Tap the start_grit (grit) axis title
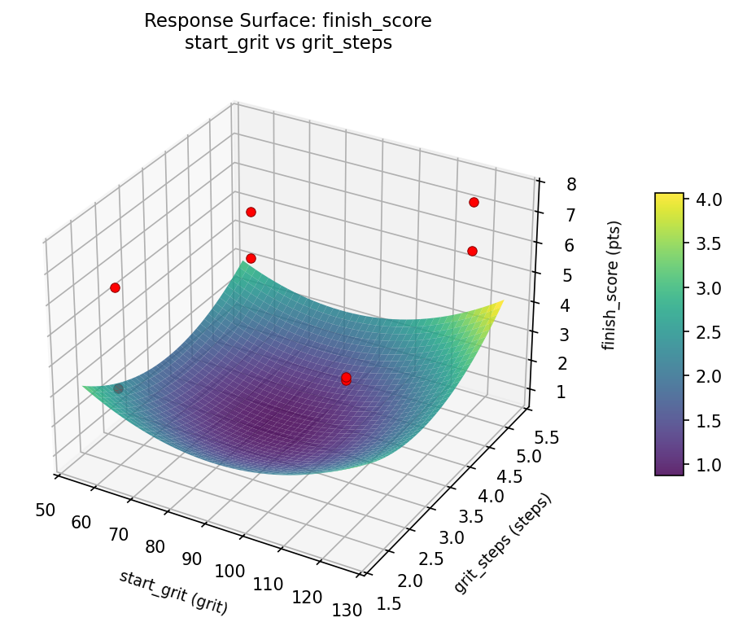coord(173,592)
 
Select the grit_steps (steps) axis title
coord(502,543)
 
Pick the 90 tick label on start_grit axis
coord(192,558)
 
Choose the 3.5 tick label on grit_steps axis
coord(470,516)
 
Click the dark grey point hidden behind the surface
coord(119,389)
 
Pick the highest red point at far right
coord(474,202)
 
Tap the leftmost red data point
coord(115,287)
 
